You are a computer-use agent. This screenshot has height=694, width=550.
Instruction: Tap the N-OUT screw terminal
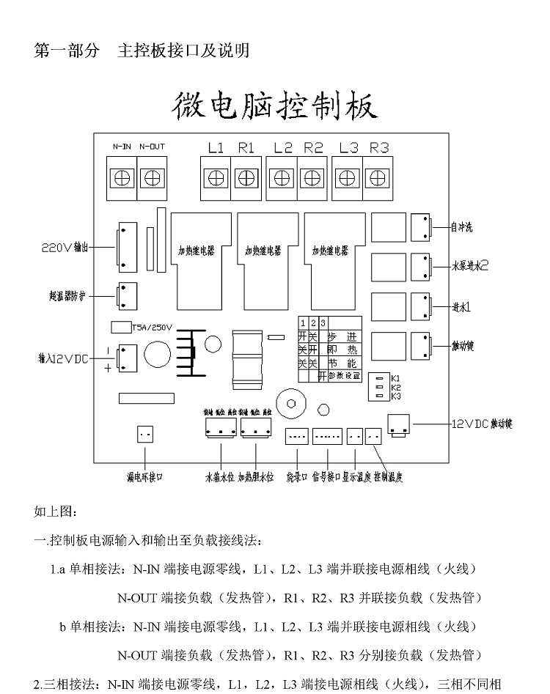pos(152,177)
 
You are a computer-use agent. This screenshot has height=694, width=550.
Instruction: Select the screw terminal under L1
pos(216,177)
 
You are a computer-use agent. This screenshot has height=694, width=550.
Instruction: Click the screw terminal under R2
pos(313,177)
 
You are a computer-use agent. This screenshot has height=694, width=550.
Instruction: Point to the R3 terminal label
pos(378,147)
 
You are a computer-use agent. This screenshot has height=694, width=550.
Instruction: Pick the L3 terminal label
pos(349,147)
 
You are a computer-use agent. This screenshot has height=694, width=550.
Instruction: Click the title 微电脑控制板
pos(275,108)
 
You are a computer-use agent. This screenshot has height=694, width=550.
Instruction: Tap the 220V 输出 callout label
pos(65,248)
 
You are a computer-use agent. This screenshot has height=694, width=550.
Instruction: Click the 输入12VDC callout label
pos(63,359)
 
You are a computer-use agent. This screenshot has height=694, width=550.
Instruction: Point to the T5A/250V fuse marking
pos(152,328)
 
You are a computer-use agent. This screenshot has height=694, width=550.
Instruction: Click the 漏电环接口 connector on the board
pos(145,434)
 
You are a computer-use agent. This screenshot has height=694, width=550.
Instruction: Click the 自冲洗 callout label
pos(461,228)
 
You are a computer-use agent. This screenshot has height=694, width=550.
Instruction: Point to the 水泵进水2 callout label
pos(470,267)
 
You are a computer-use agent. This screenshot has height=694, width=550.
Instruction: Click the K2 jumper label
pos(396,387)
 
